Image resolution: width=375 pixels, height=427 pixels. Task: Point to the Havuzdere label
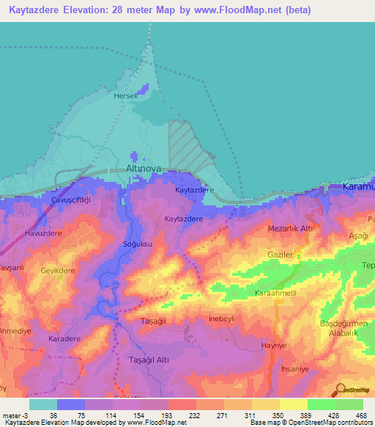[42, 234]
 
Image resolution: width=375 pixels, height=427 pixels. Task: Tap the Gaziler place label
[279, 253]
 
